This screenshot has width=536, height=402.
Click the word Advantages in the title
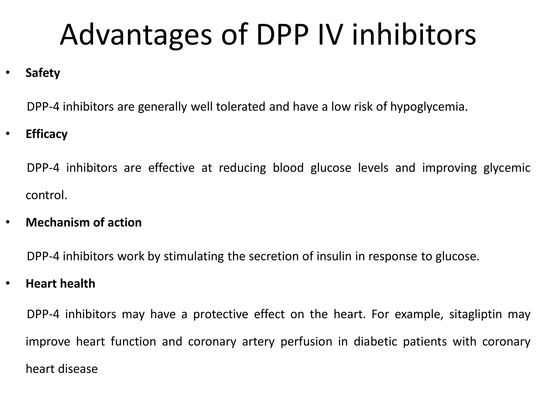136,35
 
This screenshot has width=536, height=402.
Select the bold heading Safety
43,73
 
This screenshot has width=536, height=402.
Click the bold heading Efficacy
47,134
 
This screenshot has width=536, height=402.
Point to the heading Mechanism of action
83,222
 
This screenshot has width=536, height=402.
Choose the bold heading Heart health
60,284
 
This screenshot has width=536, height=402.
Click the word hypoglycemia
429,107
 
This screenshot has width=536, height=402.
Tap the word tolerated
241,107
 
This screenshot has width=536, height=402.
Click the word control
46,195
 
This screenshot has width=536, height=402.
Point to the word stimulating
194,256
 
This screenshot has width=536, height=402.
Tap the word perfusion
306,342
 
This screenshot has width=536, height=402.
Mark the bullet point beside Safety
8,73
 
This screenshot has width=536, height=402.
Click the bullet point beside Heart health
8,283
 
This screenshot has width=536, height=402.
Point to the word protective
220,314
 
